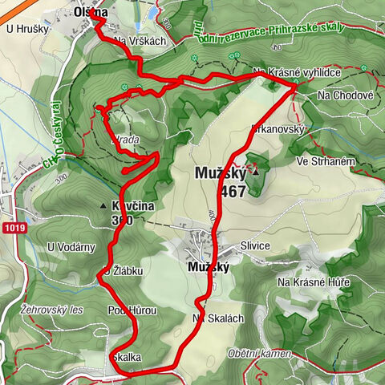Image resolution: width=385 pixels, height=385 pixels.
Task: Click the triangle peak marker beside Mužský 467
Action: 256,172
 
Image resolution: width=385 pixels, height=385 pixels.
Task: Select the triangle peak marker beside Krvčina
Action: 103,206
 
